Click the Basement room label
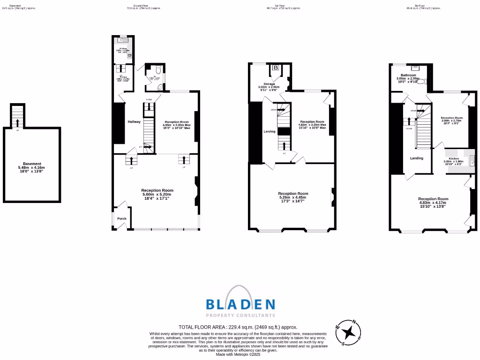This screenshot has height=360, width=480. pyautogui.click(x=32, y=164)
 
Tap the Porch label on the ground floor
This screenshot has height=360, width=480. pyautogui.click(x=122, y=218)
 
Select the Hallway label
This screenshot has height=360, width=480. pyautogui.click(x=135, y=122)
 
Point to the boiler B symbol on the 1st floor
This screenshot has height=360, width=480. pyautogui.click(x=276, y=68)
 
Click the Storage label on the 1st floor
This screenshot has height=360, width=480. pyautogui.click(x=269, y=84)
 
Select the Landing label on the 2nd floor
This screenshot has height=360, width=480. pyautogui.click(x=417, y=158)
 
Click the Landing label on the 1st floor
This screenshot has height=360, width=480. pyautogui.click(x=270, y=132)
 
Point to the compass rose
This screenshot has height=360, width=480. pyautogui.click(x=348, y=332)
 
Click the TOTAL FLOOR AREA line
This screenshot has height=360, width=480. pyautogui.click(x=238, y=327)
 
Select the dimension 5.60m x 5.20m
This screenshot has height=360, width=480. pyautogui.click(x=157, y=195)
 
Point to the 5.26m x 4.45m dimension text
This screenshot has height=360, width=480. pyautogui.click(x=293, y=198)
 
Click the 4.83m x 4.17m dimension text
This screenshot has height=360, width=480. pyautogui.click(x=433, y=203)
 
